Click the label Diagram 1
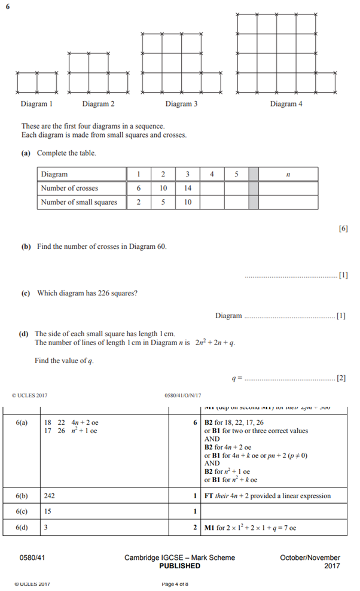[37, 104]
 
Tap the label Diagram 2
[99, 104]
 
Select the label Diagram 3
[182, 104]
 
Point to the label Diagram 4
[286, 104]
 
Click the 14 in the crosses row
[187, 188]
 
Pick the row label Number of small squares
[79, 202]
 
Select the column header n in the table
[288, 175]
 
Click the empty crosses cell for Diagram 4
[212, 188]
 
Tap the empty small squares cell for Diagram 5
[236, 202]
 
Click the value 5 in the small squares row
[163, 202]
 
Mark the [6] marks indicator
[343, 229]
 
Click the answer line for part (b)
[291, 276]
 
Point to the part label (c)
[26, 293]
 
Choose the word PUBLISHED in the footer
[179, 566]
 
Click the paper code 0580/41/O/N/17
[182, 395]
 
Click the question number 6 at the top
[8, 5]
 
